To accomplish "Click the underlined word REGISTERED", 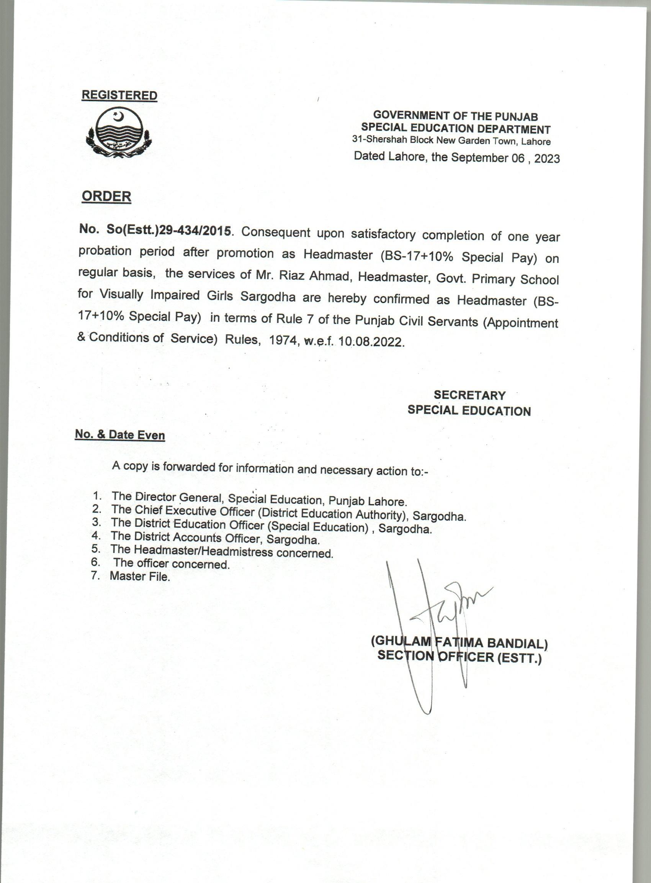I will tap(119, 95).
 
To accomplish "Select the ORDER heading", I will tap(106, 196).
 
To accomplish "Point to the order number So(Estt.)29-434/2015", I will tap(168, 231).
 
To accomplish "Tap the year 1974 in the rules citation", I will tap(283, 340).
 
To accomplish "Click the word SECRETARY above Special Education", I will tap(469, 395).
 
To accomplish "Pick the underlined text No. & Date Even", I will tap(120, 435).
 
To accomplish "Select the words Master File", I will tap(140, 577).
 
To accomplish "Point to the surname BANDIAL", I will tap(517, 643).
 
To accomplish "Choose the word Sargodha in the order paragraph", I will tap(268, 297).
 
